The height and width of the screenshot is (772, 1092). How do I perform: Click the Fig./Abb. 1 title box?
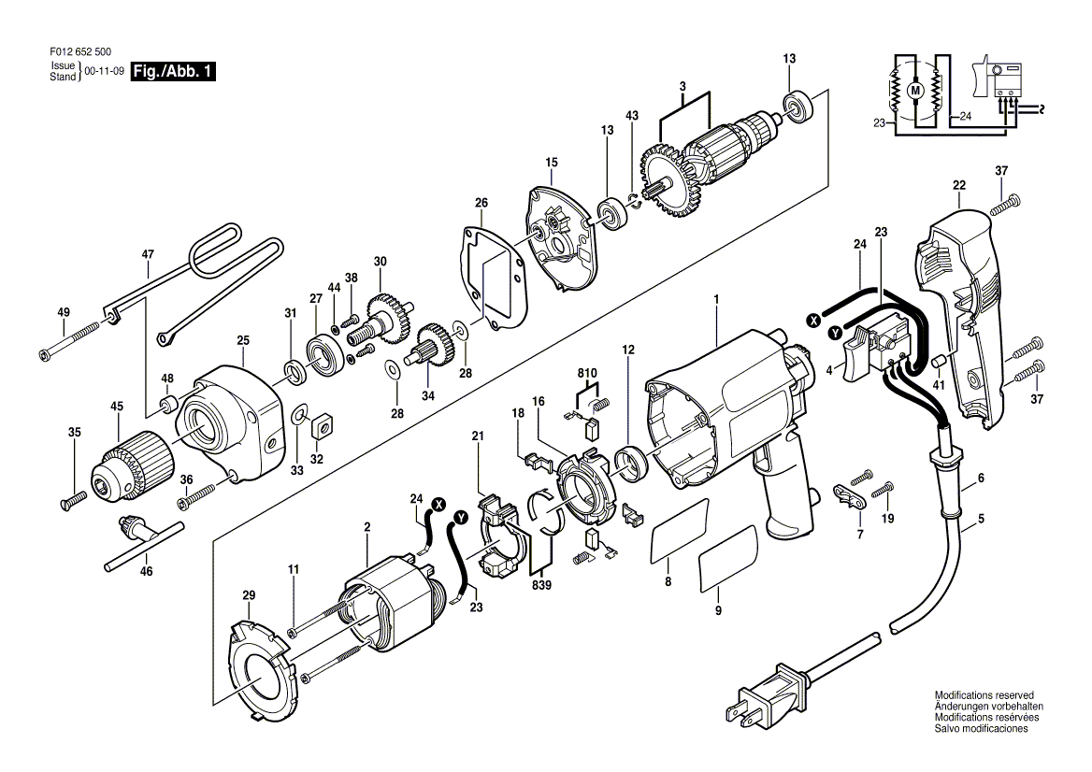coord(173,72)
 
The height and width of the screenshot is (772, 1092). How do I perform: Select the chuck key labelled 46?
coord(143,540)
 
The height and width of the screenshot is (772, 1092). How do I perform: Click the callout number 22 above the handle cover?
coord(959,186)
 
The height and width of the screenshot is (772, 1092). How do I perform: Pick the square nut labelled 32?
coord(322,426)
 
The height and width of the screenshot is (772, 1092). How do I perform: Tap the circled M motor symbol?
coord(915,90)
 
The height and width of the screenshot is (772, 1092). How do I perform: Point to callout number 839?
coord(541,585)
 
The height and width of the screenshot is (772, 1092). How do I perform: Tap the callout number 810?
coord(587,373)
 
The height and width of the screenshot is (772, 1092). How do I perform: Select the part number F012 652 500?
coord(80,52)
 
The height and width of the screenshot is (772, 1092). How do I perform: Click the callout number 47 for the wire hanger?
coord(148,255)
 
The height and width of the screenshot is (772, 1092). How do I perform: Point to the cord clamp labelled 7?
coord(851,495)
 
